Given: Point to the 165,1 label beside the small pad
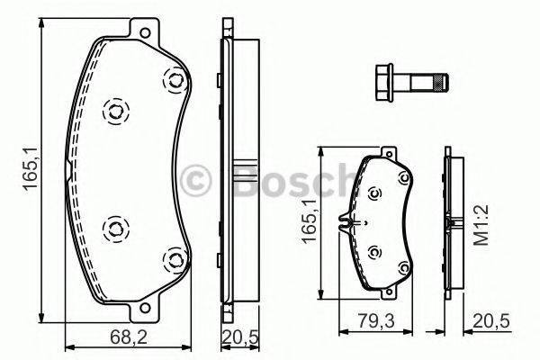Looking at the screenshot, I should click(x=310, y=221).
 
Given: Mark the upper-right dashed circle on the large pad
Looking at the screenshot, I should click(x=170, y=80).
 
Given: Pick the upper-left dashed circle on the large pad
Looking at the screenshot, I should click(x=113, y=112).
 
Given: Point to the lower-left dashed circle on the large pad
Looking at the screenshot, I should click(x=113, y=228).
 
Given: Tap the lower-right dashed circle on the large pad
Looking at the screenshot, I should click(x=171, y=261).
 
